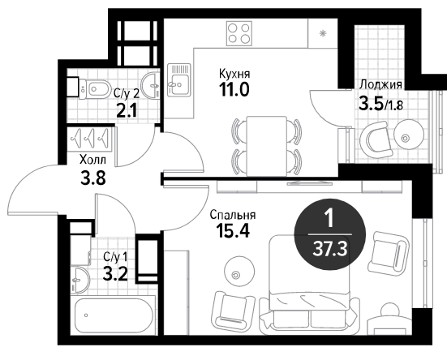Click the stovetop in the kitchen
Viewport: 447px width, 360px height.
pyautogui.click(x=239, y=33)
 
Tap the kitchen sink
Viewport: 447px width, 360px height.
pyautogui.click(x=178, y=79)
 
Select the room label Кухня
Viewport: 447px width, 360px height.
pyautogui.click(x=234, y=74)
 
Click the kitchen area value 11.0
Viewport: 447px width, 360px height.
pyautogui.click(x=234, y=89)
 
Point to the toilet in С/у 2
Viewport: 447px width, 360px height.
pyautogui.click(x=95, y=88)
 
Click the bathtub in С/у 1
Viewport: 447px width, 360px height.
pyautogui.click(x=114, y=315)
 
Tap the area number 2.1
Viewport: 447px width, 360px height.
pyautogui.click(x=127, y=110)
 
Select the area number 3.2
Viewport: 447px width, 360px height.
pyautogui.click(x=115, y=274)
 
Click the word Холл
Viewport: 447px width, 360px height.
pyautogui.click(x=92, y=160)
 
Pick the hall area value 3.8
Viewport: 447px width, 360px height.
pyautogui.click(x=93, y=178)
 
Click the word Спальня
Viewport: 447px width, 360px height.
pyautogui.click(x=233, y=215)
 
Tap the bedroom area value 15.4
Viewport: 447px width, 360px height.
pyautogui.click(x=233, y=231)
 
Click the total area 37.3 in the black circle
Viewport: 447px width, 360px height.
pyautogui.click(x=329, y=250)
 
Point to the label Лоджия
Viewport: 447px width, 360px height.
pyautogui.click(x=380, y=84)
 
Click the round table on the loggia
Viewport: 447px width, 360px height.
pyautogui.click(x=405, y=138)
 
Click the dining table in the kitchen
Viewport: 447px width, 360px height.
pyautogui.click(x=267, y=146)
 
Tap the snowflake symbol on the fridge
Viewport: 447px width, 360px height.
pyautogui.click(x=323, y=33)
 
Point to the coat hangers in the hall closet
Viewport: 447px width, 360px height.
pyautogui.click(x=91, y=137)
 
